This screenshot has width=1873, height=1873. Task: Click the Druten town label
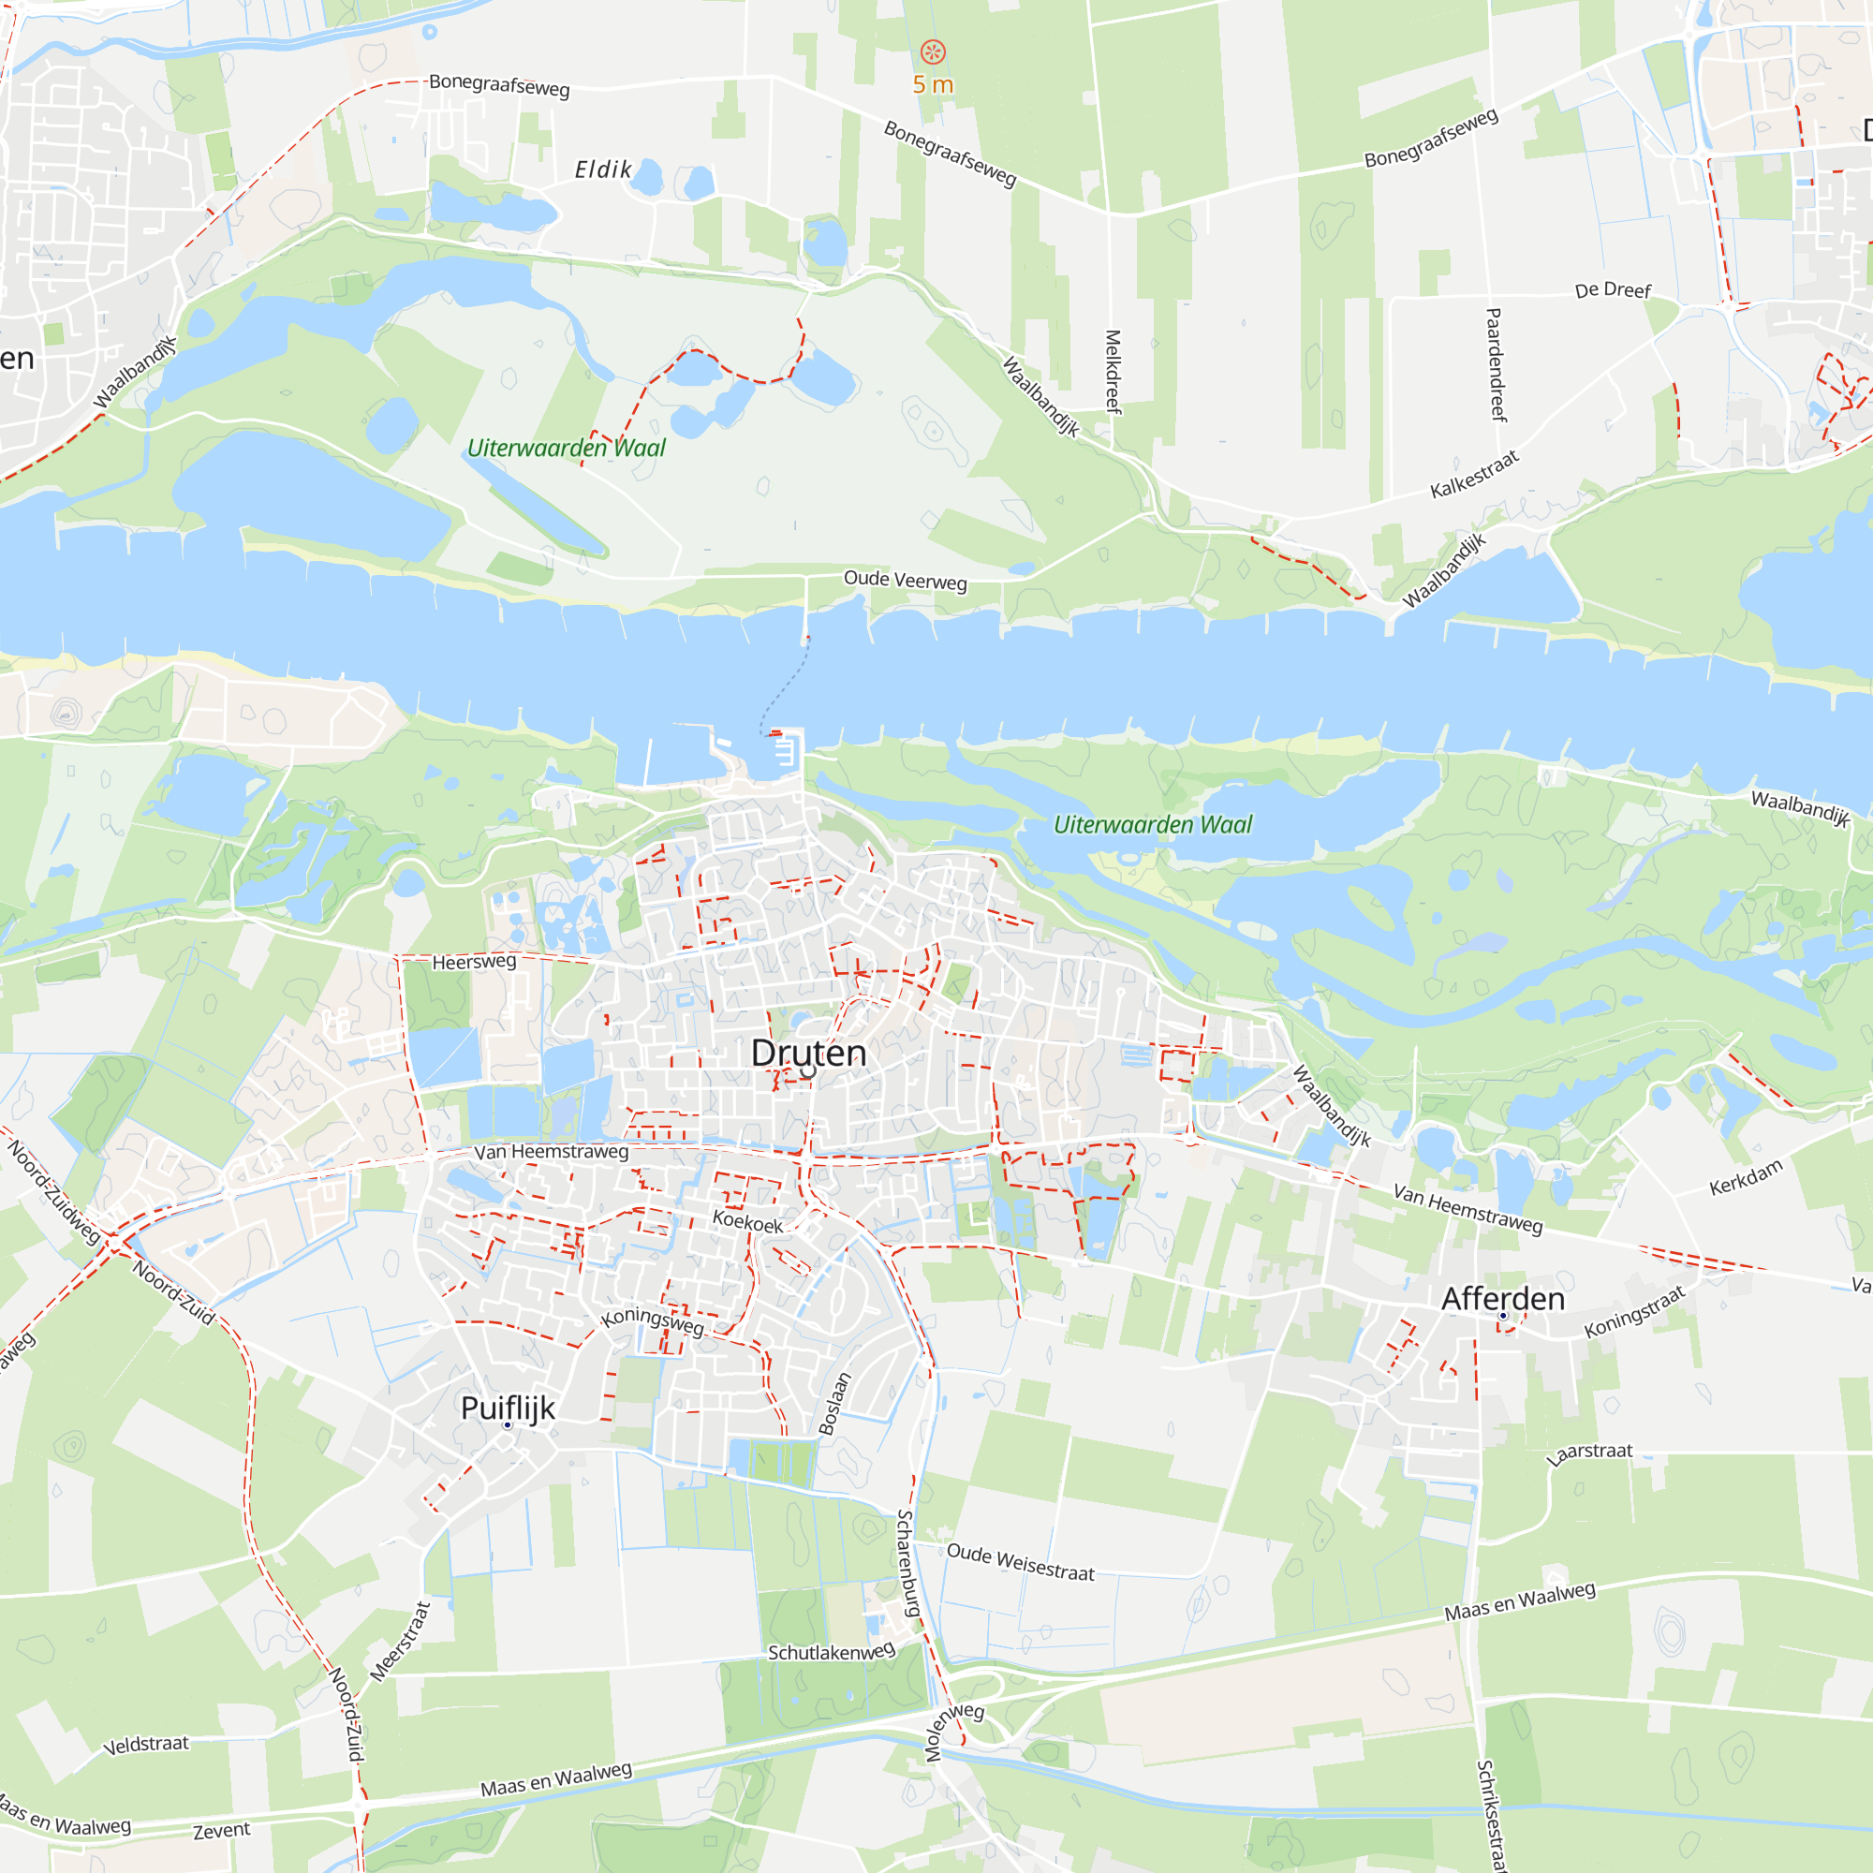[808, 1053]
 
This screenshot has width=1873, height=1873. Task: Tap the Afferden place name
[1503, 1299]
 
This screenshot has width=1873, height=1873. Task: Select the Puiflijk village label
[508, 1408]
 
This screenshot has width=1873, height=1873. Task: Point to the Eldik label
[603, 170]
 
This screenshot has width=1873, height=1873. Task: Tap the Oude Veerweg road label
[905, 580]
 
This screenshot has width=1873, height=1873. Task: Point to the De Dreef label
[1613, 290]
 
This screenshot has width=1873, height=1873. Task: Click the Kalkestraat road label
[1475, 474]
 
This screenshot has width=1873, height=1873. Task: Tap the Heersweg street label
[474, 962]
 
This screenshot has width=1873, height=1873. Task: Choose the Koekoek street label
[747, 1220]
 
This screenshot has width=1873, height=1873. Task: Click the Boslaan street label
[834, 1403]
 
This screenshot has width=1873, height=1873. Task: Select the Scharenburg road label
[908, 1562]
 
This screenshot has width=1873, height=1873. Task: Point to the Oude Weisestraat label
[1020, 1562]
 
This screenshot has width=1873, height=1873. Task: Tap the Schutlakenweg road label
[831, 1652]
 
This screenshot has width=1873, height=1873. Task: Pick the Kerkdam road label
[1745, 1177]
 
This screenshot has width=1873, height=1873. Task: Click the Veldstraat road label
[146, 1744]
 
